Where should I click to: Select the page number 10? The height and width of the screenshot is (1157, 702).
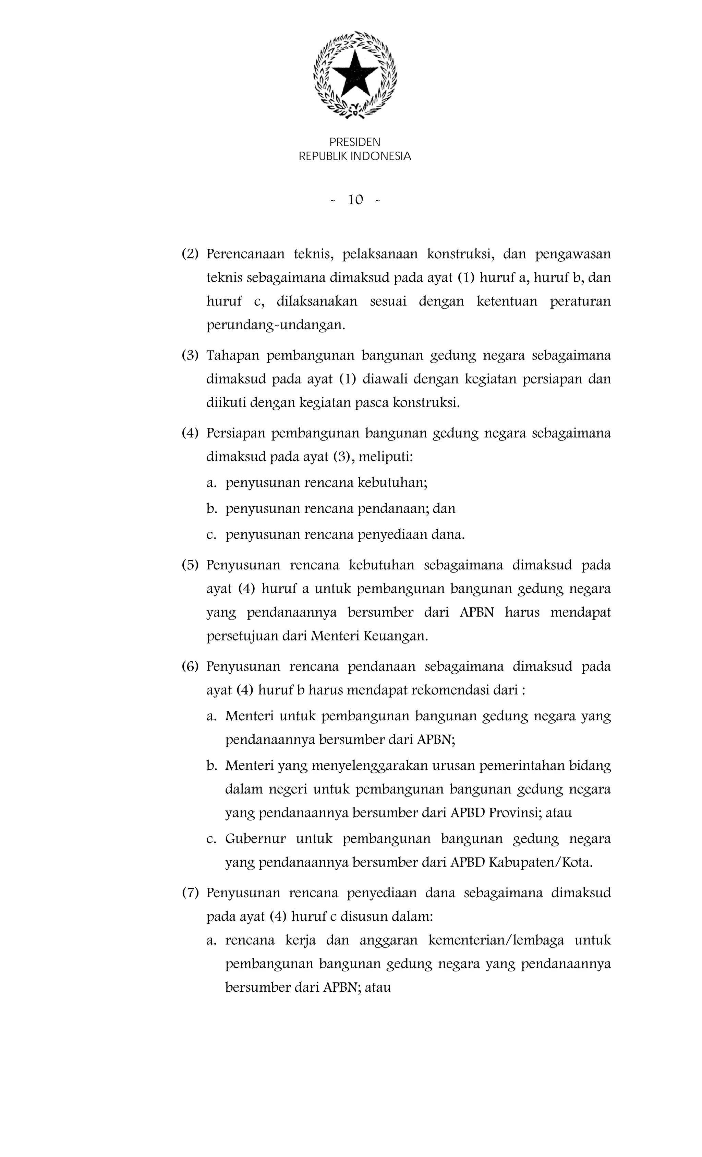pyautogui.click(x=355, y=201)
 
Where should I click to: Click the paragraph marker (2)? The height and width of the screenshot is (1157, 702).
pyautogui.click(x=190, y=254)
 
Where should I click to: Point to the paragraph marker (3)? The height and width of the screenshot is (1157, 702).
pyautogui.click(x=190, y=355)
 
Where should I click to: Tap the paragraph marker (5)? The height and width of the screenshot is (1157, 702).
pyautogui.click(x=190, y=565)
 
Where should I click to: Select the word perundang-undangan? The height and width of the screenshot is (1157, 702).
pyautogui.click(x=276, y=325)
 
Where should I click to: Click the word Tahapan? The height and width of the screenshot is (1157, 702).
pyautogui.click(x=233, y=355)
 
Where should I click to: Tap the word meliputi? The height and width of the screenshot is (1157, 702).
pyautogui.click(x=385, y=457)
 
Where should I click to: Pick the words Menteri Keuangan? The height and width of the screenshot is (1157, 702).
pyautogui.click(x=369, y=636)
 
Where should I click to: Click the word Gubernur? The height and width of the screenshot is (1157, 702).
pyautogui.click(x=255, y=839)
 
